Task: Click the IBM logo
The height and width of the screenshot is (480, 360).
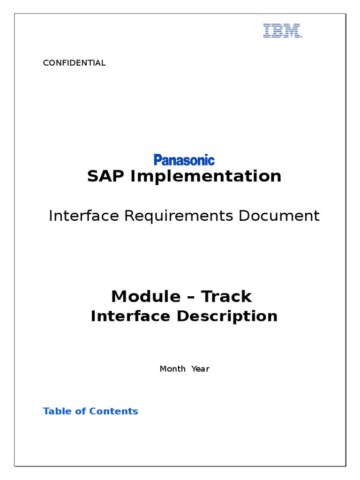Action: click(282, 31)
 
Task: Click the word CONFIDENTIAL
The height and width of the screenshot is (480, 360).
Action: click(74, 63)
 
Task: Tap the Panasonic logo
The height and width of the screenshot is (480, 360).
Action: click(184, 160)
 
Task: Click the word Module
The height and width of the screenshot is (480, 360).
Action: click(146, 296)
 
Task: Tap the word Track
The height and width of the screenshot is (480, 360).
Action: click(227, 296)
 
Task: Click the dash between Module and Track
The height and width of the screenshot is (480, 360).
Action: click(191, 297)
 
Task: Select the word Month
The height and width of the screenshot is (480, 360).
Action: click(172, 369)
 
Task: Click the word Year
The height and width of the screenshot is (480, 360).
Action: click(200, 369)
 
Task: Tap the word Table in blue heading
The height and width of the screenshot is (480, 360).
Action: click(57, 411)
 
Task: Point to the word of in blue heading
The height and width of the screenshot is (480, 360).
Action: click(81, 411)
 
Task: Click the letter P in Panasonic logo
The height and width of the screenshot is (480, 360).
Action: click(157, 160)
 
